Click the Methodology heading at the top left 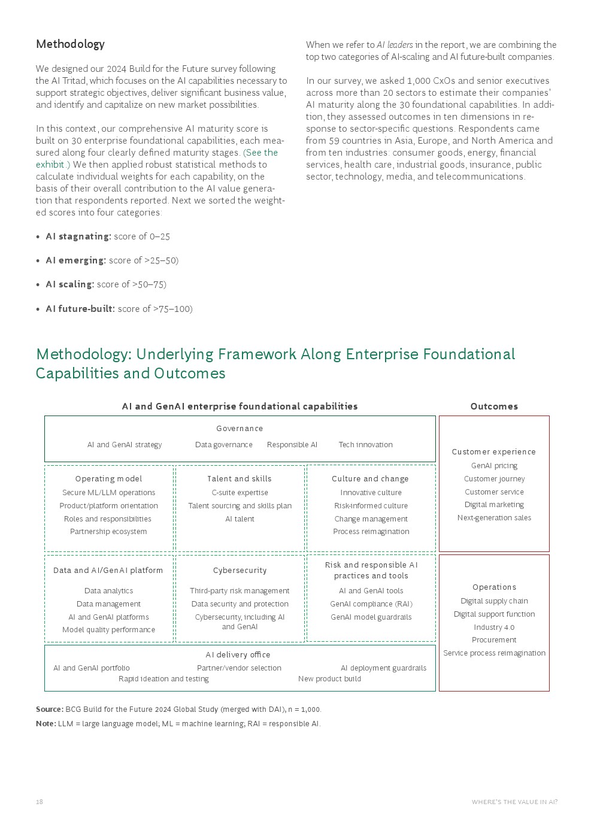[70, 44]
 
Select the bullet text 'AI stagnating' [78, 236]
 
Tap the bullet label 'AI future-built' [80, 309]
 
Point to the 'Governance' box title [240, 429]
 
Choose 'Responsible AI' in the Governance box [292, 445]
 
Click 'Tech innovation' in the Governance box [365, 445]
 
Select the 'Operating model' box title [108, 479]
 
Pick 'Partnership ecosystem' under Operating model [108, 532]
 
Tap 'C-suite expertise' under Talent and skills [240, 493]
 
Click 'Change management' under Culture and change [371, 519]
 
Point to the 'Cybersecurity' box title [240, 571]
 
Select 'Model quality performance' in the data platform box [108, 630]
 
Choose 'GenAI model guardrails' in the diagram [371, 617]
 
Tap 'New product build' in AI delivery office [329, 679]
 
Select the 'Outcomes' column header [494, 407]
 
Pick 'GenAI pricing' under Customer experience [494, 466]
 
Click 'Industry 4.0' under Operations [494, 627]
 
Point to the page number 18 [40, 802]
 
